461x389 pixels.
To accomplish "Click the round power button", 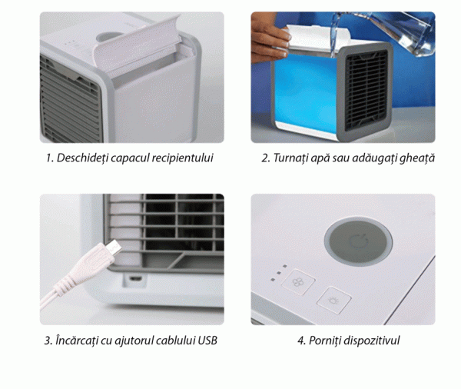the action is pos(358,242).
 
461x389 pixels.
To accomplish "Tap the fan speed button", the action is pos(298,282).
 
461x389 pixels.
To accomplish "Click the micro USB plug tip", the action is pos(114,248).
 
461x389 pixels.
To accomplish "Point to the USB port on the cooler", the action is pos(136,278).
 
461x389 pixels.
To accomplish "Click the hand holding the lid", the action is pos(270,39).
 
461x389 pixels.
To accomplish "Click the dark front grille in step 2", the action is pos(366,90).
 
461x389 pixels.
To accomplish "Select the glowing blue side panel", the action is pos(306,94).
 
